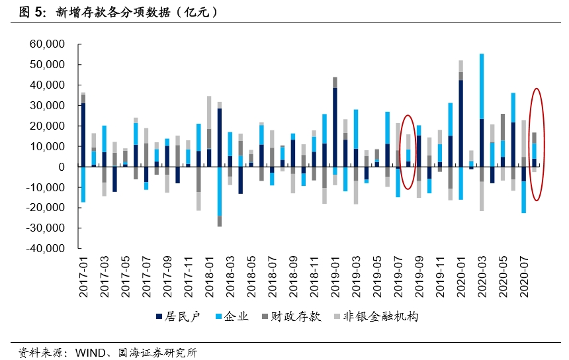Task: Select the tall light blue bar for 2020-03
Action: pyautogui.click(x=482, y=86)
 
